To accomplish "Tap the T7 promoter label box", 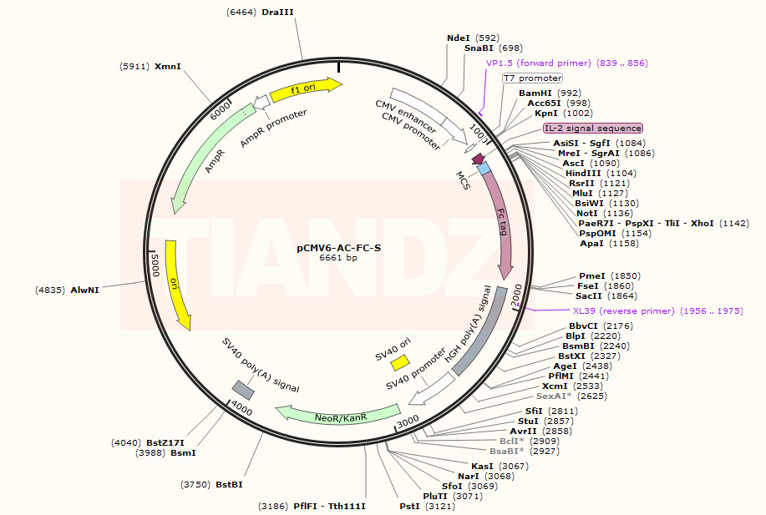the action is coord(532,78).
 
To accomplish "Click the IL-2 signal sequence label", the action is coord(593,128).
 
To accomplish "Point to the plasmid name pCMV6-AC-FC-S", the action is coord(338,248).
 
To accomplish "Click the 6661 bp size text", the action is coord(338,258).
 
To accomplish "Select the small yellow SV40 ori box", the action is coord(400,363).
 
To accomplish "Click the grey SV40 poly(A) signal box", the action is coord(243,390).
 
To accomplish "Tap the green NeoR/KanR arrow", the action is coord(337,415).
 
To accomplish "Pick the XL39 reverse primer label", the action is coord(658,311).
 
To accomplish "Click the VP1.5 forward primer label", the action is coord(566,63).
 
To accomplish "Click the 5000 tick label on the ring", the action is coord(155,265).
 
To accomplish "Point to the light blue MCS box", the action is coord(484,169).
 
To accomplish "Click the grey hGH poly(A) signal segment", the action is coord(480,331).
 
